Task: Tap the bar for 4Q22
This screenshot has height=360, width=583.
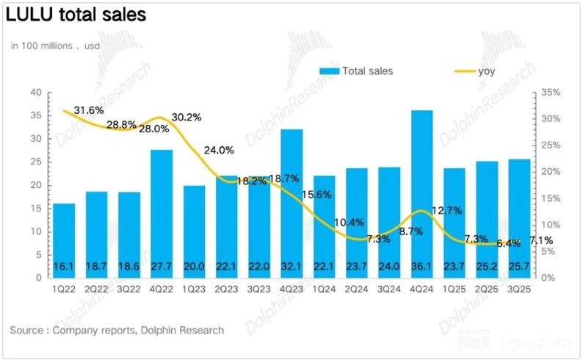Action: tap(162, 214)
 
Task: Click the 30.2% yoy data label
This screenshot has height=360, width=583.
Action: tap(187, 118)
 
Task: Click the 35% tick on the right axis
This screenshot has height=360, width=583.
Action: tap(551, 93)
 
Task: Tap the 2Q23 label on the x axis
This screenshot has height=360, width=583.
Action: tap(227, 289)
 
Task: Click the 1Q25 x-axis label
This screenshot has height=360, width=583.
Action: tap(455, 289)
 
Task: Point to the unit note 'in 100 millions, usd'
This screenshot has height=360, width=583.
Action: tap(55, 46)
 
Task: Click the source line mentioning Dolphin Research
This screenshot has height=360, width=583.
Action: tap(117, 330)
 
